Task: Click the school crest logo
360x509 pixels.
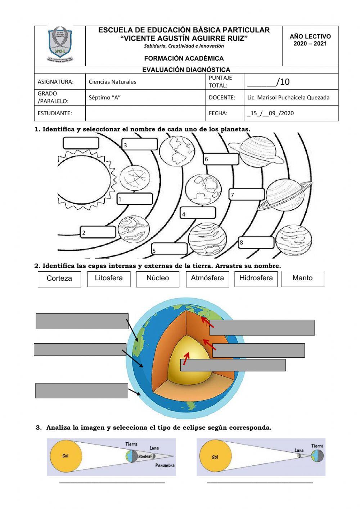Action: coord(60,45)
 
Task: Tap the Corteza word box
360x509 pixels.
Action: coord(59,279)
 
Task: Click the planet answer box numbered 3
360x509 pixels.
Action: coord(140,144)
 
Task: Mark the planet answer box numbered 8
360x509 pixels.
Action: coord(256,242)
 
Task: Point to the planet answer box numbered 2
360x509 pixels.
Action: coord(98,232)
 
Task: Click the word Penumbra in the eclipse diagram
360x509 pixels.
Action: coord(165,465)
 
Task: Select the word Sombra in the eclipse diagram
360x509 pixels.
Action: coord(144,456)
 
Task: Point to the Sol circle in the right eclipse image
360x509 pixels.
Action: coord(215,457)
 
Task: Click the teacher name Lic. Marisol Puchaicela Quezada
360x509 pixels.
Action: coord(288,97)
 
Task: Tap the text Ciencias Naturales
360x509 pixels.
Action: coord(112,82)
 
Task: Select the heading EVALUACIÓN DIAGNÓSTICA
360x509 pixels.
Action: coord(186,70)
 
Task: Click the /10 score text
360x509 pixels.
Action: coord(283,82)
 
